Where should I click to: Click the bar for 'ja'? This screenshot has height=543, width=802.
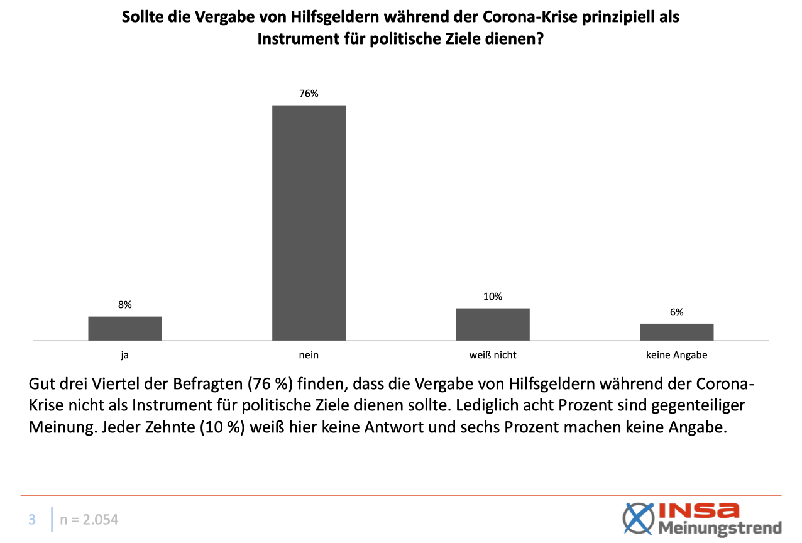(125, 328)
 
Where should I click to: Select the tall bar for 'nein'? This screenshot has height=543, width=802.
(309, 222)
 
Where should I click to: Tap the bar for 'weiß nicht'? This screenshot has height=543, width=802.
(493, 324)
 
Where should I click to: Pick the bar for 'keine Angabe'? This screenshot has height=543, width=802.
(676, 332)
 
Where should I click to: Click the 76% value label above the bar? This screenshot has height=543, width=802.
(309, 94)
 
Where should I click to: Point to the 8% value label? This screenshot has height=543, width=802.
(125, 305)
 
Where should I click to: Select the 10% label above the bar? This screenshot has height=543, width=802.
(493, 297)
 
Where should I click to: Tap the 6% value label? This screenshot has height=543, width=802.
(676, 312)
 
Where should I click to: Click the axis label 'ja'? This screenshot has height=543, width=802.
(125, 355)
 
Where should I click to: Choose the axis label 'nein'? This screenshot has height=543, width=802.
(309, 355)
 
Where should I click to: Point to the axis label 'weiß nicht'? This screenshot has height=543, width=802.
(493, 355)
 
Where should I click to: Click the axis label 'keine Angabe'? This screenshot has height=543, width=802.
(676, 355)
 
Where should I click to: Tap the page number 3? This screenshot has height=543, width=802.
(32, 520)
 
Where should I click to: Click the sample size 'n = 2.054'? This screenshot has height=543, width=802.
(89, 520)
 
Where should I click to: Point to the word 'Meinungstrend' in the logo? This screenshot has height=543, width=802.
(720, 527)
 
